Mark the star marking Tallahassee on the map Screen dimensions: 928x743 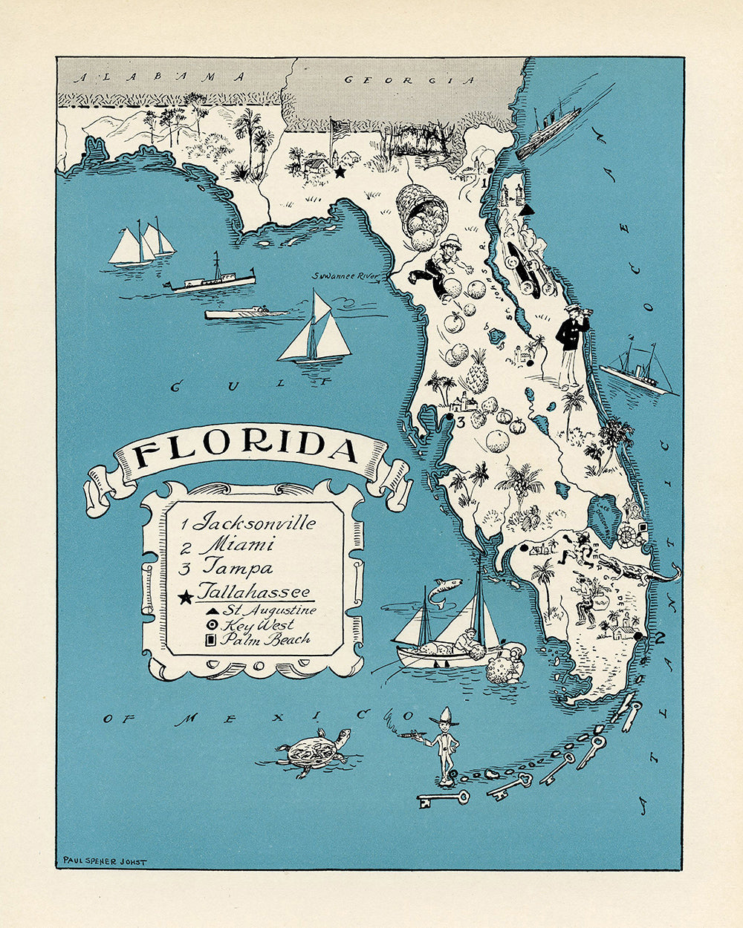(x=340, y=172)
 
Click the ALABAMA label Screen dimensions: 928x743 (x=163, y=76)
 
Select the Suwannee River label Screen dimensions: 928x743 (x=345, y=275)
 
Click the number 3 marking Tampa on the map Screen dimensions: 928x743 (x=461, y=422)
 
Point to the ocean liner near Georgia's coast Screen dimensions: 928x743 (x=548, y=131)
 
